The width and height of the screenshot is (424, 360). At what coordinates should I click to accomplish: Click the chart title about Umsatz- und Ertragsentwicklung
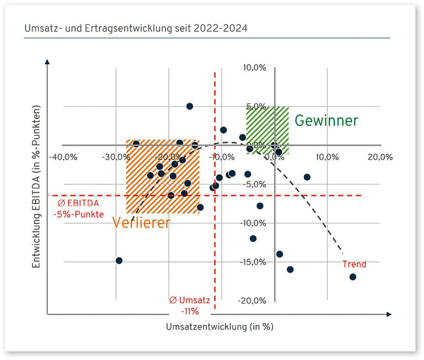136,28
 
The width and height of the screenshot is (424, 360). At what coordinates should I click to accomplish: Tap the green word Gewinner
326,121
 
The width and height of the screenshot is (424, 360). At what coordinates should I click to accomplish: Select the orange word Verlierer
141,223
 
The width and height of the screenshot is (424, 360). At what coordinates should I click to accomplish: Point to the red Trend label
354,264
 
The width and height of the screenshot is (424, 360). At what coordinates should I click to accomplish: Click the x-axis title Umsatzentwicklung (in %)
220,327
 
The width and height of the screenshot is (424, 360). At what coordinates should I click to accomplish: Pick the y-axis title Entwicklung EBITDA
36,187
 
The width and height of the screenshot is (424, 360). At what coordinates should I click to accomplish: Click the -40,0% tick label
63,157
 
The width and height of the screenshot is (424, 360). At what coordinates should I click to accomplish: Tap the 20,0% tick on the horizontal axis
380,157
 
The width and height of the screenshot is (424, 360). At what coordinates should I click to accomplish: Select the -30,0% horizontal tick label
116,157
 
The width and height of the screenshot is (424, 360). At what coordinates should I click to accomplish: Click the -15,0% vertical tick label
253,262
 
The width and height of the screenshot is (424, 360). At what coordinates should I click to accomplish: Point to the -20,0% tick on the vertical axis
252,301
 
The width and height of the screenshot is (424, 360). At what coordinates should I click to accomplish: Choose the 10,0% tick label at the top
255,67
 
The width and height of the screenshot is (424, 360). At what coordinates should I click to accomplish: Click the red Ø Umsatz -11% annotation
189,306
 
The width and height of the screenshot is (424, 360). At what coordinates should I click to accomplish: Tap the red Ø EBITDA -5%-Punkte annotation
78,209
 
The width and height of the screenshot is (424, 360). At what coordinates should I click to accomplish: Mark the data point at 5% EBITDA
190,106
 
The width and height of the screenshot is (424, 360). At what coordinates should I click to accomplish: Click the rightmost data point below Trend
353,277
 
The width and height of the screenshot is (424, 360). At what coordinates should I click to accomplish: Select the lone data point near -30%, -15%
119,260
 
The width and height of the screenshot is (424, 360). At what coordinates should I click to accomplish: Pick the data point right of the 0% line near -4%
307,177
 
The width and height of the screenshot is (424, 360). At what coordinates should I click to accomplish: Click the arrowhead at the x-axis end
389,315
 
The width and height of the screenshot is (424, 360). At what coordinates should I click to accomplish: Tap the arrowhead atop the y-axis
47,62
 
